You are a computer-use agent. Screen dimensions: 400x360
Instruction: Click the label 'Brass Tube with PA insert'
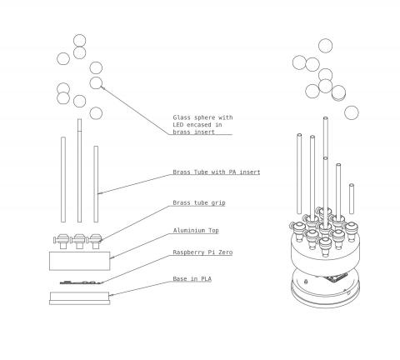[217, 172]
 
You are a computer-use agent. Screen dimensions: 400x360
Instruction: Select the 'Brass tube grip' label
[199, 202]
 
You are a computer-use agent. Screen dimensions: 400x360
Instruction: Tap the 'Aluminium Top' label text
[196, 230]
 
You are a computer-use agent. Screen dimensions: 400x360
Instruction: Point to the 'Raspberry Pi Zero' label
[202, 252]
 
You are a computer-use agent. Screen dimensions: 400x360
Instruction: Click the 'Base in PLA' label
[192, 278]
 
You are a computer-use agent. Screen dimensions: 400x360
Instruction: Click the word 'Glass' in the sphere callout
[182, 117]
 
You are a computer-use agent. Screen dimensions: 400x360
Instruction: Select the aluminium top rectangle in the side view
[80, 261]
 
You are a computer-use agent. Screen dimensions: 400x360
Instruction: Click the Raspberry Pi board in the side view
[81, 282]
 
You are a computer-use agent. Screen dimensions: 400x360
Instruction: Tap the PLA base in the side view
[80, 298]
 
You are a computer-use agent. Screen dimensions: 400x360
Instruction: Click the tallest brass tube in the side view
[79, 171]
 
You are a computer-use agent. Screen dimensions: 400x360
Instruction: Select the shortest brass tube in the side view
[96, 184]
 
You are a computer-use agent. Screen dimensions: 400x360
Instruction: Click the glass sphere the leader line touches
[96, 82]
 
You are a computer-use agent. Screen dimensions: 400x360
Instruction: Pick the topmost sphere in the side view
[80, 41]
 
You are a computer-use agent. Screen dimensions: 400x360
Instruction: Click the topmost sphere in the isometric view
[325, 46]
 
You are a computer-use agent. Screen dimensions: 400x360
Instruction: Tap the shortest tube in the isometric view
[352, 199]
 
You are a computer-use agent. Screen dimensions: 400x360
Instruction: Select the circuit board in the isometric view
[337, 277]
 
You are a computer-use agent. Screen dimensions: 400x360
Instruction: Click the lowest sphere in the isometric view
[352, 112]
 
